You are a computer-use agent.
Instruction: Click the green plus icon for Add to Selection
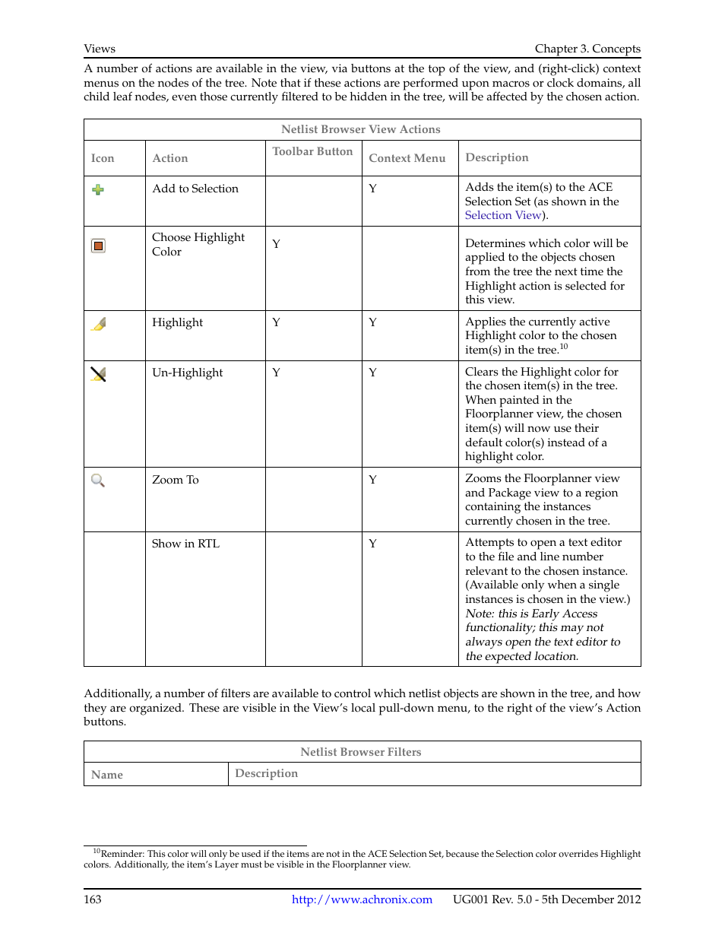[98, 189]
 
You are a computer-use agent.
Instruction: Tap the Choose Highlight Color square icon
[98, 246]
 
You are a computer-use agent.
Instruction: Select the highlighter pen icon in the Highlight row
[99, 324]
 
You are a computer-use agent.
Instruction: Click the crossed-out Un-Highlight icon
[98, 374]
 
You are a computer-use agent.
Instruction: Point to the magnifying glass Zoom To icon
[98, 481]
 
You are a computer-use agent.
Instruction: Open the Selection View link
[502, 215]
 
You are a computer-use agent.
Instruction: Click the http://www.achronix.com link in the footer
[362, 899]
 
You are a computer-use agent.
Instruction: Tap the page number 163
[92, 899]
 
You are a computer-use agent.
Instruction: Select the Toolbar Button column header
[312, 151]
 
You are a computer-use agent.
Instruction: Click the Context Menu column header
[407, 158]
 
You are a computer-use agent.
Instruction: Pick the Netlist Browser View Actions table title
[361, 129]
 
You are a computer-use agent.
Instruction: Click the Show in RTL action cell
[185, 544]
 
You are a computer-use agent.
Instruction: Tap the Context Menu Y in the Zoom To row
[372, 480]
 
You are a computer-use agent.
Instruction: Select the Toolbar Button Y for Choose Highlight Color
[276, 244]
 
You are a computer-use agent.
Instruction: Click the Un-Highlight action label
[187, 373]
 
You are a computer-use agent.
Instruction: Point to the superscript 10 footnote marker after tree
[563, 347]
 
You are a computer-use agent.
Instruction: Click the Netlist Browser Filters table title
[361, 752]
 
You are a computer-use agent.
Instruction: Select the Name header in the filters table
[106, 775]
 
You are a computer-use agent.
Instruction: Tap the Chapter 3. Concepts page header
[587, 49]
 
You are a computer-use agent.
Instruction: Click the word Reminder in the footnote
[122, 854]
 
